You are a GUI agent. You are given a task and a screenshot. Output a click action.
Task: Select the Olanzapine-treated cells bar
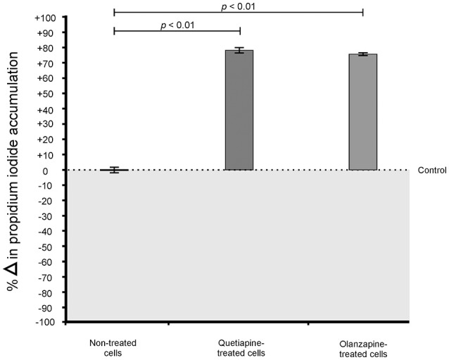[x=362, y=112]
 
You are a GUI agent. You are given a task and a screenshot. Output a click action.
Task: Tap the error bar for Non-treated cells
[x=114, y=170]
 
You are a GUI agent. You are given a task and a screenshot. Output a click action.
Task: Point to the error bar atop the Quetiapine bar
[x=239, y=50]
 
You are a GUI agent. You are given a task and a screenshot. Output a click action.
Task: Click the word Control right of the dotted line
[x=431, y=170]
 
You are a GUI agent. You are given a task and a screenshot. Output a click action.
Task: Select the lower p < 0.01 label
[x=177, y=25]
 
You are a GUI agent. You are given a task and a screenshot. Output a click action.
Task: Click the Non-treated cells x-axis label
[x=113, y=347]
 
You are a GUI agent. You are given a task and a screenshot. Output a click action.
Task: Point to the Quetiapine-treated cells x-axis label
[x=239, y=347]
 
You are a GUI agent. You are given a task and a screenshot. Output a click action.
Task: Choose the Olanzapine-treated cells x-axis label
[x=362, y=347]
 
